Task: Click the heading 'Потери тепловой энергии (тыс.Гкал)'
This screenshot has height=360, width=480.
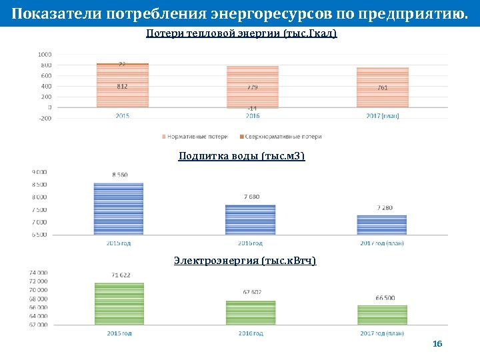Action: point(241,33)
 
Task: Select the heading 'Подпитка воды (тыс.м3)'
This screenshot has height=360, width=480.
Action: point(241,156)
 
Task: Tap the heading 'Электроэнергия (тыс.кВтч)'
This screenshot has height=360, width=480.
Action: point(245,260)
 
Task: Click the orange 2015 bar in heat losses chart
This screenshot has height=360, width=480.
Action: point(123,87)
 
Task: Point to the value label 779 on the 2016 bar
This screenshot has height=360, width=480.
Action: point(252,87)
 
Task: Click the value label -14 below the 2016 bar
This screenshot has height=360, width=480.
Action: point(252,108)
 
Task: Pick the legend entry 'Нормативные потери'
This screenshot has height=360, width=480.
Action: point(199,137)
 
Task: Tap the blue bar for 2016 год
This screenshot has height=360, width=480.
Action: point(250,219)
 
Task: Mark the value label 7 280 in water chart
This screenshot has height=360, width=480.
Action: point(385,208)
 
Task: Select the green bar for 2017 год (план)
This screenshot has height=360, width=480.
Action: point(382,315)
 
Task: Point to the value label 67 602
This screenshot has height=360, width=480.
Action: point(252,292)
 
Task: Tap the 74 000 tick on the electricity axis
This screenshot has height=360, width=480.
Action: point(38,273)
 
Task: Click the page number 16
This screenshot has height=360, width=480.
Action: point(437,344)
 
